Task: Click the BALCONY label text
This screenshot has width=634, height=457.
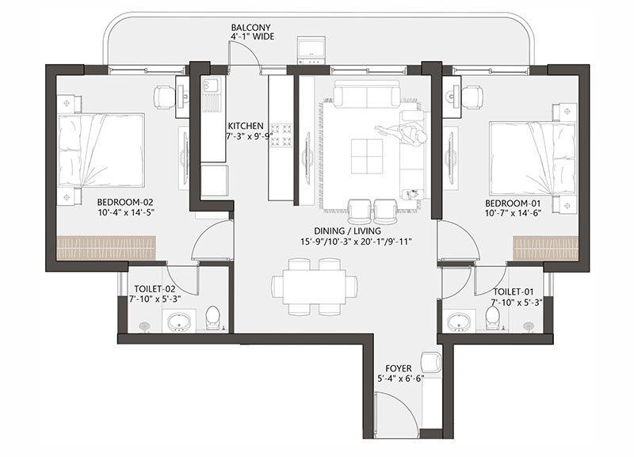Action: [250, 28]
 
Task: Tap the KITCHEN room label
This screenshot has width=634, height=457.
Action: [246, 126]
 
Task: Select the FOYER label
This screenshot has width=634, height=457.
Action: [399, 368]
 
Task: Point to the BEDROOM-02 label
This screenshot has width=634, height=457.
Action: [125, 203]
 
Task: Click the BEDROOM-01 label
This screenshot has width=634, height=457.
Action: [513, 203]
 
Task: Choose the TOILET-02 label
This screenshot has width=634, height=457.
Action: [155, 289]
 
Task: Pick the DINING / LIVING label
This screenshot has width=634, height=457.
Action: [347, 230]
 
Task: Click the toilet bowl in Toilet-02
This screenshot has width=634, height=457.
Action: [212, 318]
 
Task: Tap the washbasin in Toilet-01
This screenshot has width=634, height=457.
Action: [459, 322]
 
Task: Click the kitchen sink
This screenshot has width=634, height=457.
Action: [212, 85]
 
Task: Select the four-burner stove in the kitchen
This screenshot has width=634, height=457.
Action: [281, 135]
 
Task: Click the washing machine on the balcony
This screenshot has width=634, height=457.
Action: [311, 50]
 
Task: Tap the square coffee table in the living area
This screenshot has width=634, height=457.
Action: [367, 156]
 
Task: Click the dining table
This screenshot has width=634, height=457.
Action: [315, 287]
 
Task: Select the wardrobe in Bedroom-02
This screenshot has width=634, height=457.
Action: [106, 247]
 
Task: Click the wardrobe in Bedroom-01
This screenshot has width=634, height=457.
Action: [546, 248]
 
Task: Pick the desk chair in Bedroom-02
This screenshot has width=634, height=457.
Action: [165, 97]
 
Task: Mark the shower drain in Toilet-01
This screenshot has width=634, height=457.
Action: [528, 326]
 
